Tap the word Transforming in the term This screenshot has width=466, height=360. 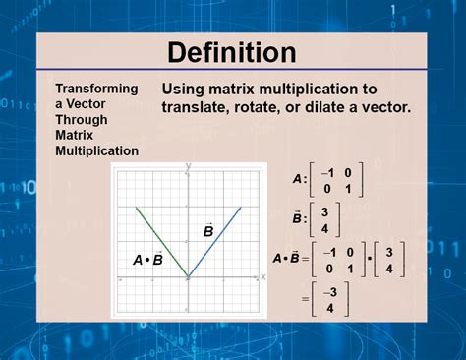pos(96,88)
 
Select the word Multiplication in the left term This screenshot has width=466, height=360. pos(96,150)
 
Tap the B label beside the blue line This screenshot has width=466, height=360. pos(208,231)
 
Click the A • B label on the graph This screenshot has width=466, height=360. pos(147,260)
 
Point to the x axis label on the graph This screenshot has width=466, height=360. pos(262,277)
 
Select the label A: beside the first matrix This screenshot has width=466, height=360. pos(299,180)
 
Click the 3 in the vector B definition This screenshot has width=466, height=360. pos(324,210)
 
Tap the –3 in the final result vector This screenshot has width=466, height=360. pos(329,291)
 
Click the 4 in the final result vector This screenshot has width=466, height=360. pos(330,307)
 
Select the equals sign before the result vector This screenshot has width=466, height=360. pos(306,299)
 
